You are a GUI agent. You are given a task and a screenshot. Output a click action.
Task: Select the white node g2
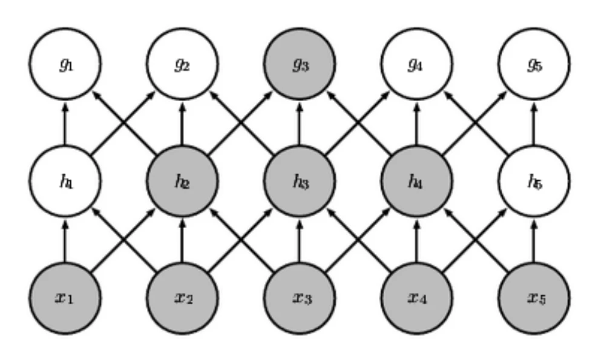[x=183, y=64]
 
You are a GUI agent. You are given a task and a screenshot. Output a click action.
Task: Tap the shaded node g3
[x=300, y=64]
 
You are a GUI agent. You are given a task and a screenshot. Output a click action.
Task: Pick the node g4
[x=416, y=64]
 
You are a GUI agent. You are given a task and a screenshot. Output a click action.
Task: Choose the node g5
[x=533, y=64]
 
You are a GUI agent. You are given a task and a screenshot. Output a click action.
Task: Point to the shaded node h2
[x=183, y=181]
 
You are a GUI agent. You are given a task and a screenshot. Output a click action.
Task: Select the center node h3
[x=300, y=181]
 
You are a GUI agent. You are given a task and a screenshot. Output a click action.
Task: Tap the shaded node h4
[x=416, y=181]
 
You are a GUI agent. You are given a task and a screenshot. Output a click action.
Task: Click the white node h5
[x=533, y=181]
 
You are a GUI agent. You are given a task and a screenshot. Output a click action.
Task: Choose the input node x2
[x=183, y=298]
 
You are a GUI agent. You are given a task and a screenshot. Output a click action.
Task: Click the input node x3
[x=300, y=298]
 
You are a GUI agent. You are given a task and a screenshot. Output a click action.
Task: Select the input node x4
[x=416, y=298]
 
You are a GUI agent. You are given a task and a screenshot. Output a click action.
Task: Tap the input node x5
[x=533, y=298]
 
